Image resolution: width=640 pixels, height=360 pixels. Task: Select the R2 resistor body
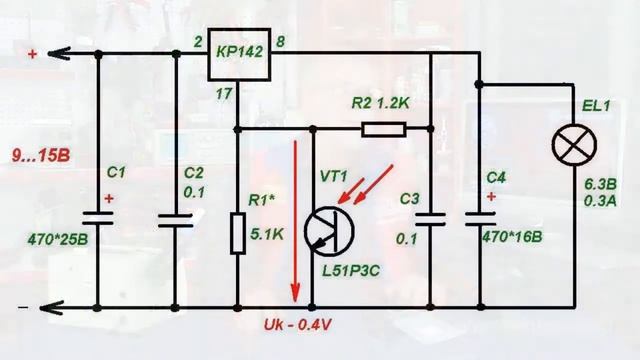pos(383,128)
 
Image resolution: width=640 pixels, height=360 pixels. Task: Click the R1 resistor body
pos(237,232)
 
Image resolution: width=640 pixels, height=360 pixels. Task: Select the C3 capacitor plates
pos(431,218)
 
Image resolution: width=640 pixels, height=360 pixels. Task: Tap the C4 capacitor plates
pos(480,218)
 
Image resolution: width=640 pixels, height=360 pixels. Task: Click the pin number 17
pos(224,93)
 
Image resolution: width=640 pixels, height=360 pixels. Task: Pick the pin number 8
pos(281,41)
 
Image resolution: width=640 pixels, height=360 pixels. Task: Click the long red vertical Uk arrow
pos(295,220)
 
